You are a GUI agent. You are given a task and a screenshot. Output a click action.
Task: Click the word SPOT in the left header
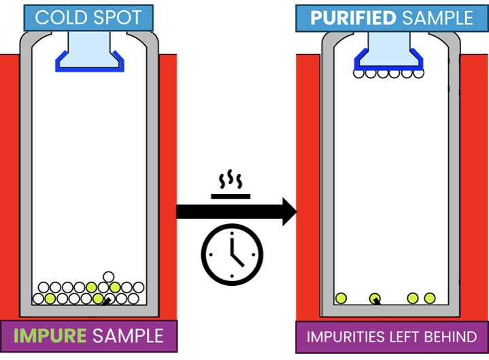coord(120,17)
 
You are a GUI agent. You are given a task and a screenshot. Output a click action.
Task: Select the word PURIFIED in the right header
coord(352,17)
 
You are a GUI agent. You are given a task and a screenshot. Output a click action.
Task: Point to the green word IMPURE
coord(49,335)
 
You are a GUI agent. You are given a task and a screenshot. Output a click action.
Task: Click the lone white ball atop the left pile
coord(107,276)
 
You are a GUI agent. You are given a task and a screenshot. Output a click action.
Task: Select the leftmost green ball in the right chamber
coord(341,298)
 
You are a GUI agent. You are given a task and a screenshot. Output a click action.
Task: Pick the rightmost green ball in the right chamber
coord(430,298)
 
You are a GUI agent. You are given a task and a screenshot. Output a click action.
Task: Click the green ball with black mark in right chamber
coord(375,298)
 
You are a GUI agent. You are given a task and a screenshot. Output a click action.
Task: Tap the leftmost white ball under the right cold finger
coord(360,73)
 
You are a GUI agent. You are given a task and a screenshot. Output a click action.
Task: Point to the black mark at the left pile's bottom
coord(105,300)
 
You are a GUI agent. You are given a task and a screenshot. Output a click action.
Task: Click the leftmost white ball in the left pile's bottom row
coord(39,298)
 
